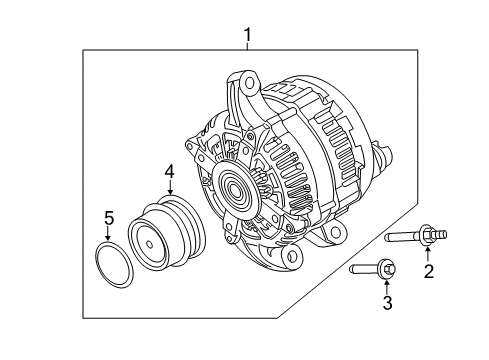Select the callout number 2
429,271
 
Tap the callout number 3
387,303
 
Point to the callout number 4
170,172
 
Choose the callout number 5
109,218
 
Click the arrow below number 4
170,187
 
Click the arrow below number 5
107,233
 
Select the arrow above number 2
428,254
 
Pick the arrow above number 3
387,287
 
